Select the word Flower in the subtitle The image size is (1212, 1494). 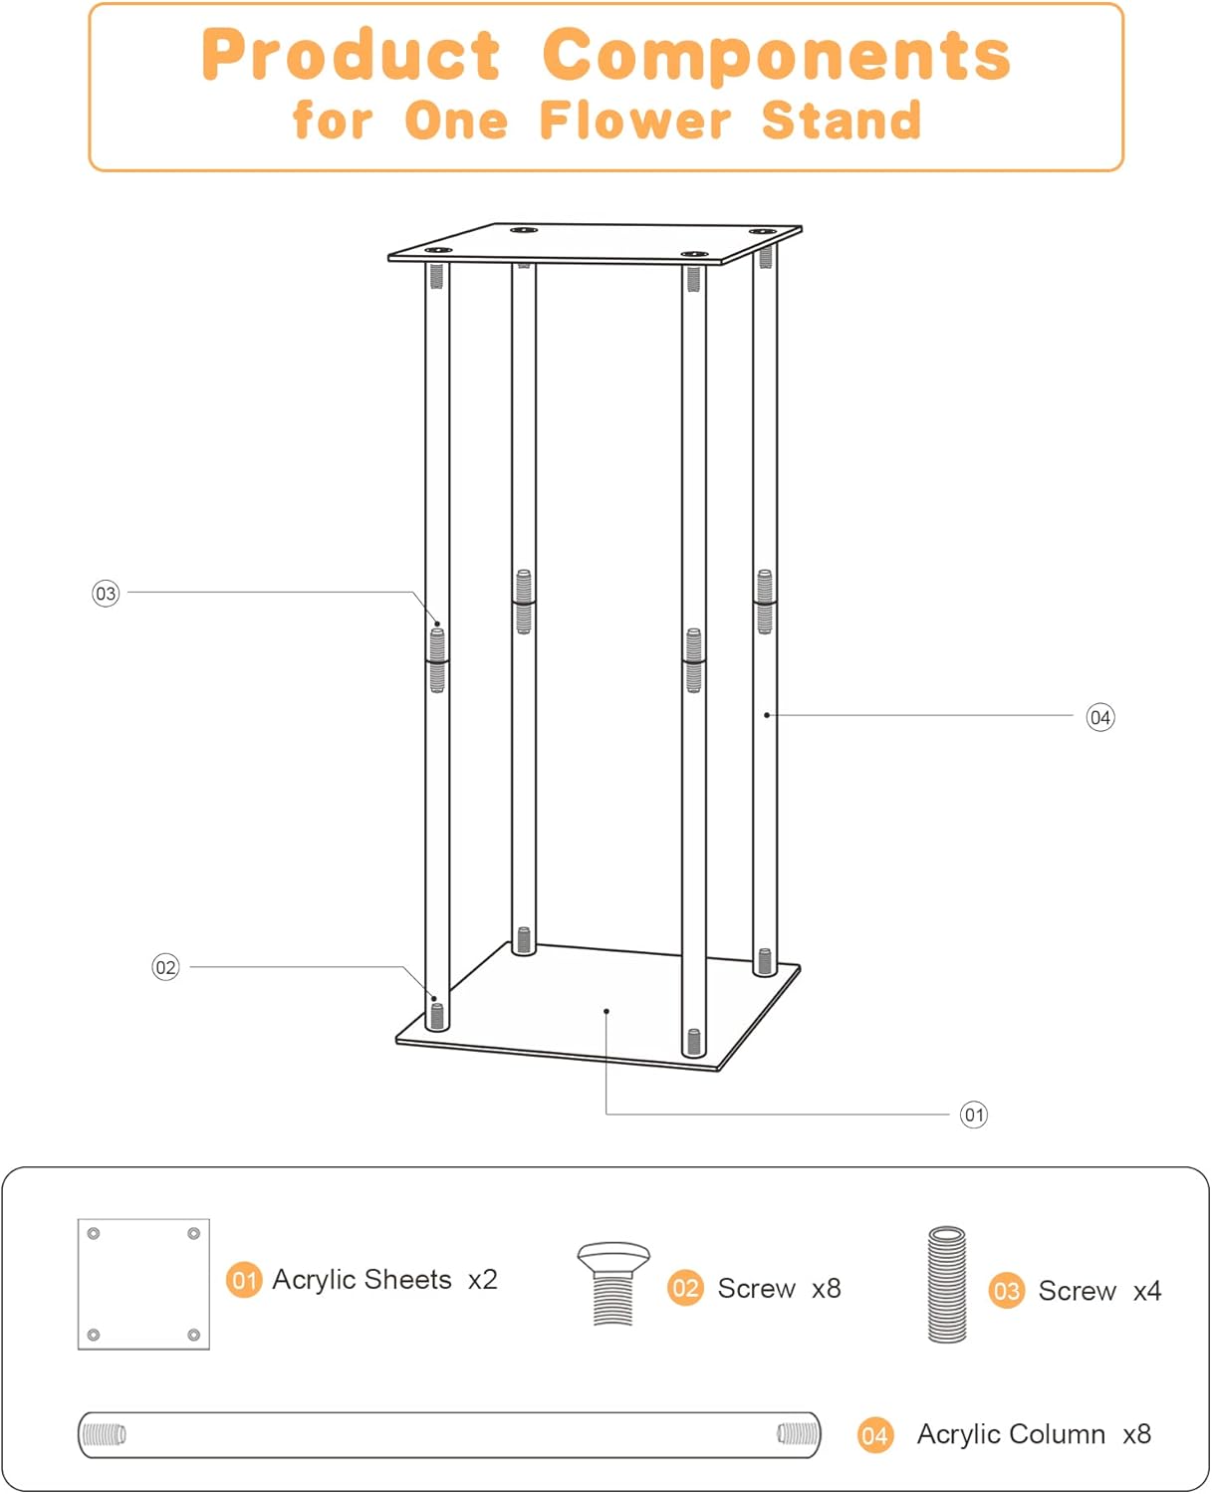[635, 121]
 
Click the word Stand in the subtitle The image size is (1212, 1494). [842, 121]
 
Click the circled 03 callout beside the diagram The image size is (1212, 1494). [106, 594]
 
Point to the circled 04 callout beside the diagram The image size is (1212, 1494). [1099, 717]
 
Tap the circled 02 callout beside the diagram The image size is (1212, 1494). [165, 967]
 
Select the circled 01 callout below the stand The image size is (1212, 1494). [974, 1115]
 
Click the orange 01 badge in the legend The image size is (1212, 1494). [244, 1280]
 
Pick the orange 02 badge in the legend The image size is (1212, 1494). [685, 1288]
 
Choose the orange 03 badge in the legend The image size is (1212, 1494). [1006, 1291]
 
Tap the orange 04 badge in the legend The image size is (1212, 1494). [874, 1435]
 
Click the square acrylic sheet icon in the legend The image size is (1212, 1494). [143, 1284]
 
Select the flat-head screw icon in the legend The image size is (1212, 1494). [613, 1283]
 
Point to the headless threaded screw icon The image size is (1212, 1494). [947, 1285]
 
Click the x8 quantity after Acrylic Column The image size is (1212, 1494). [1136, 1434]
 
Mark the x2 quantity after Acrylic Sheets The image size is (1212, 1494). [482, 1280]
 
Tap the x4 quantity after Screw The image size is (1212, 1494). [1147, 1291]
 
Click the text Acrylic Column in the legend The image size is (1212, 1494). [1011, 1434]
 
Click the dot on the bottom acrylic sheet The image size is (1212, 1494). [606, 1012]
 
